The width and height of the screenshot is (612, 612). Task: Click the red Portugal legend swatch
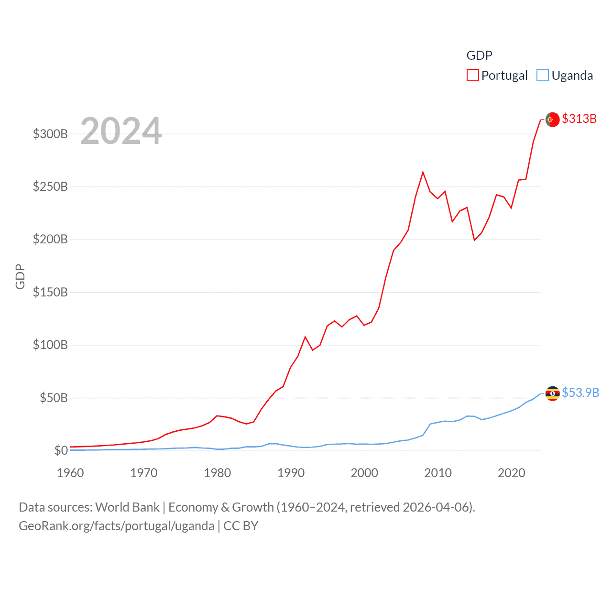tap(473, 76)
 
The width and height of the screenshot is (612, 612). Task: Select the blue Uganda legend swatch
tap(543, 76)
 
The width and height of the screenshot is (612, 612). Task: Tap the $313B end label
tap(579, 119)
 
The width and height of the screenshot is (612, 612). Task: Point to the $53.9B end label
tap(580, 393)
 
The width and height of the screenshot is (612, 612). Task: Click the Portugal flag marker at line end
tap(553, 120)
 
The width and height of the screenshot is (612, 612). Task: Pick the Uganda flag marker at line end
tap(553, 393)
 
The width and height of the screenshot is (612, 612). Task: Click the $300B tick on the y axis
tap(50, 134)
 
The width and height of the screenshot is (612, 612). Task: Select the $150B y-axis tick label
tap(50, 292)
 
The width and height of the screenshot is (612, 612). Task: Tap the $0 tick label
tap(61, 450)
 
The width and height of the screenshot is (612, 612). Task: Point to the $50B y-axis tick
tap(54, 398)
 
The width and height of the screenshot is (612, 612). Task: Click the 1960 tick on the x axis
tap(70, 473)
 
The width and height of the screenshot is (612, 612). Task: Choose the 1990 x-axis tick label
tap(291, 473)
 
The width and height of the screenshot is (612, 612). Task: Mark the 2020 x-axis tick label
tap(511, 473)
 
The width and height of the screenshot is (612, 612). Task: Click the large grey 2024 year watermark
tap(121, 131)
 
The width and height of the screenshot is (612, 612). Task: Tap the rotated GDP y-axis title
tap(20, 276)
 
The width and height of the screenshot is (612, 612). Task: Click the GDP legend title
tap(479, 55)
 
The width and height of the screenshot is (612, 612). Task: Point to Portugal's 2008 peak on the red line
tap(423, 172)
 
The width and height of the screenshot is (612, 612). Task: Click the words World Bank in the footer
tap(128, 507)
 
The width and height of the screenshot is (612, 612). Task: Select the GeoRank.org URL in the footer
tap(117, 526)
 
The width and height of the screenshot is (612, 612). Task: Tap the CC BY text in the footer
tap(241, 526)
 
